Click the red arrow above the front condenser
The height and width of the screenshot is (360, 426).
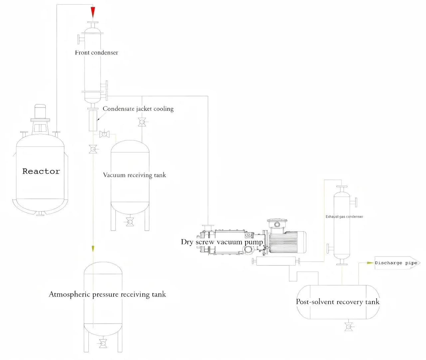93,12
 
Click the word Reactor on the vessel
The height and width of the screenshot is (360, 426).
41,171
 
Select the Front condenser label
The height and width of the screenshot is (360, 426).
97,53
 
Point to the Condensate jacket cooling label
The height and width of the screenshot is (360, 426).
138,108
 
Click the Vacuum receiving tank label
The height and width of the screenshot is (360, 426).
134,175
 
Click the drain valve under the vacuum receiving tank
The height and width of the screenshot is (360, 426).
130,222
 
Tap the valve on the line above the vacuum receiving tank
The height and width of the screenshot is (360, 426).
142,122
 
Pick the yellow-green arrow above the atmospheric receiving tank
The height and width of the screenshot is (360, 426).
93,249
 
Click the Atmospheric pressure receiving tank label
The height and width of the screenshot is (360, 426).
107,294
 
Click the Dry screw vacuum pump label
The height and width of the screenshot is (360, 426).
222,242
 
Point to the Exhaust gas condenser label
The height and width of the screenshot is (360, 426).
344,217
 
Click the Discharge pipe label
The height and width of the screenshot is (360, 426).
396,263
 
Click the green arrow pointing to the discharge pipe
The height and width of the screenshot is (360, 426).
370,263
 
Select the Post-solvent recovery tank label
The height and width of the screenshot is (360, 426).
337,302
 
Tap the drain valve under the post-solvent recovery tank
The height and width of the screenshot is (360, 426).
348,327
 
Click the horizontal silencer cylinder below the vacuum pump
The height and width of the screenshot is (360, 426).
276,261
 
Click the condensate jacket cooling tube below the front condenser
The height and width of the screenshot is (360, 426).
93,121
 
